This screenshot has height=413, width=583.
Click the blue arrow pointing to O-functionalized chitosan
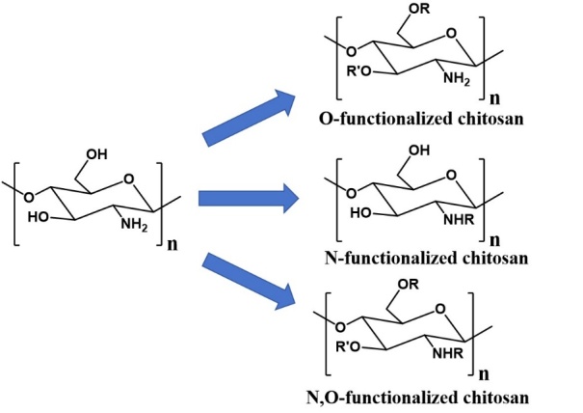249,118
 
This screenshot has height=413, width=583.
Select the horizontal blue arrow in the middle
249,198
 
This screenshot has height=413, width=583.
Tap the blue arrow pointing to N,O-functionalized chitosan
249,281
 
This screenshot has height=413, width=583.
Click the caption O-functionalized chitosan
421,119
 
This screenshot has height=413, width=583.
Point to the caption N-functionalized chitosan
426,258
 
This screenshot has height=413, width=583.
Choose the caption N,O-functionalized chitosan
417,397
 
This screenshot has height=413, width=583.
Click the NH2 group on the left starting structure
134,224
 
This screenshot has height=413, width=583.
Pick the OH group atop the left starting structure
96,154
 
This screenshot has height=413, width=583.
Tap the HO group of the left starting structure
39,217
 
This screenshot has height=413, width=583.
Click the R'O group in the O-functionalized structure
358,71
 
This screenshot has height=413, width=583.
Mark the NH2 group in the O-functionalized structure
457,79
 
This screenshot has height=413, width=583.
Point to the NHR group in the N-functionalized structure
460,220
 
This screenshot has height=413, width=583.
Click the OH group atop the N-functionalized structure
419,151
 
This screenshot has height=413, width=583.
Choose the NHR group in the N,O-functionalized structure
448,353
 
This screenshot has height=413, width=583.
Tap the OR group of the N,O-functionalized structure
408,285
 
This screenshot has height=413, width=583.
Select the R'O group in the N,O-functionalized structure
348,347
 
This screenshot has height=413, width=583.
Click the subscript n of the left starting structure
172,245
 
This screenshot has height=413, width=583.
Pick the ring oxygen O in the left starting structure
129,179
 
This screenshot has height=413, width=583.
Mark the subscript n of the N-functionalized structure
495,240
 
